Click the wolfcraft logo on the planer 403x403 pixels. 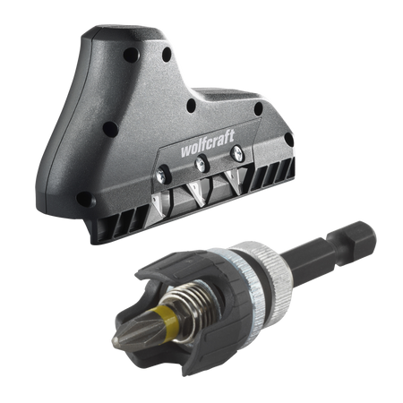tap(208, 143)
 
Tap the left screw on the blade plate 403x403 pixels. tap(161, 174)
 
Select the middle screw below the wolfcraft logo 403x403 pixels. tap(201, 164)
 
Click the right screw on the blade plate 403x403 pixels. tap(238, 153)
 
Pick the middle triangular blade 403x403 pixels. tap(197, 193)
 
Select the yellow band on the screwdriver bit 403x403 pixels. tap(169, 322)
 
